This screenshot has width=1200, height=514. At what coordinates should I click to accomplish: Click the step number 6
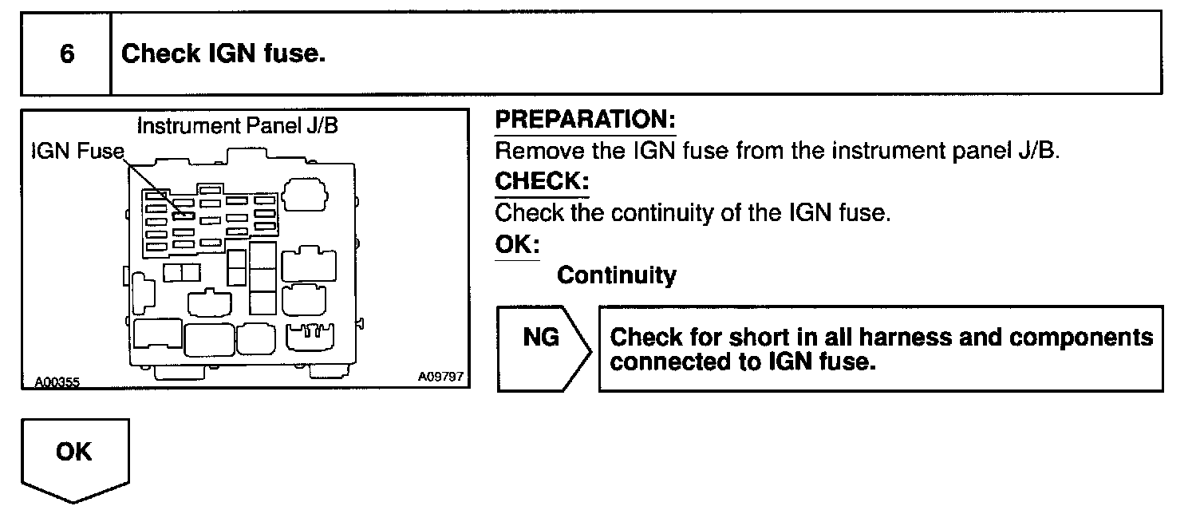[x=67, y=54]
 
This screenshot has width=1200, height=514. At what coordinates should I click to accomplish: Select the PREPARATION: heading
[x=585, y=121]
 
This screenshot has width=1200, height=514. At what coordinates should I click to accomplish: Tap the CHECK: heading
[x=541, y=182]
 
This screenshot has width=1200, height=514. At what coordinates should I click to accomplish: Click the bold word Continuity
[x=616, y=275]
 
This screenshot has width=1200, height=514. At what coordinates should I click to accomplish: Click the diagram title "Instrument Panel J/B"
[x=243, y=126]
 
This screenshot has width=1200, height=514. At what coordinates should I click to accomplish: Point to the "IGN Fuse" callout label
[x=77, y=152]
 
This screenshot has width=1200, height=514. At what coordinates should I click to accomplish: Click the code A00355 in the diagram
[x=57, y=382]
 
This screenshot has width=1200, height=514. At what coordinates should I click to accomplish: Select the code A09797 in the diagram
[x=440, y=377]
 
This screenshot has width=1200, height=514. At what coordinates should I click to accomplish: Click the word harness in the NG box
[x=884, y=336]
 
